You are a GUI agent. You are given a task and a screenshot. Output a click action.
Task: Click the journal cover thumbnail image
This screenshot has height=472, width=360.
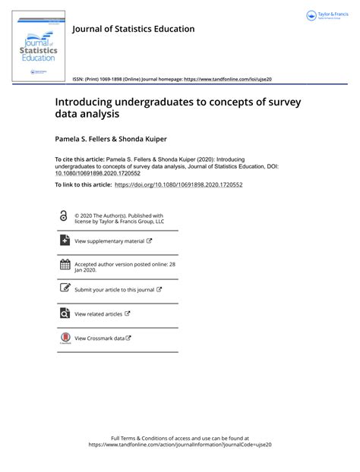pos(39,45)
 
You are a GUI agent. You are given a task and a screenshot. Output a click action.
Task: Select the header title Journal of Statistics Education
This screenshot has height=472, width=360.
pos(133,29)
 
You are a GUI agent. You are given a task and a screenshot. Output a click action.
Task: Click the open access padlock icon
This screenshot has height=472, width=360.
pos(63,216)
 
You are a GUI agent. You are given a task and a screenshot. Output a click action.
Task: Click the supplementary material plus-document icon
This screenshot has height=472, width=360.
pos(65,241)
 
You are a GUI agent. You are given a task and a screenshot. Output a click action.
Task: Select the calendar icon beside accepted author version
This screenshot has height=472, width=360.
pos(65,265)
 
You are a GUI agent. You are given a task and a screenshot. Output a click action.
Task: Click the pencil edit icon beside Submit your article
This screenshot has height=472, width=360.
pos(65,288)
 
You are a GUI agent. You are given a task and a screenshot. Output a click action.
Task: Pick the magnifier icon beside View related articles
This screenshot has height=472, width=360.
pos(65,313)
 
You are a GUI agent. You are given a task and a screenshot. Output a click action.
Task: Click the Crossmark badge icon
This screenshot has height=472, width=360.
pos(65,338)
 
